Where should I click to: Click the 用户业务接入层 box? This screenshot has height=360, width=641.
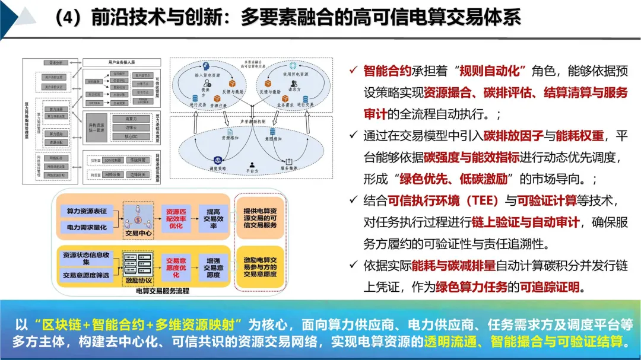click(117, 62)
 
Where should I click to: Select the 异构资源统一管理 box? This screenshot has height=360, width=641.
click(95, 128)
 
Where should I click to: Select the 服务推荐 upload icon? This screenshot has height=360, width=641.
click(289, 161)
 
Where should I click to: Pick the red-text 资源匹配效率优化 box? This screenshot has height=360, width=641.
click(176, 219)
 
